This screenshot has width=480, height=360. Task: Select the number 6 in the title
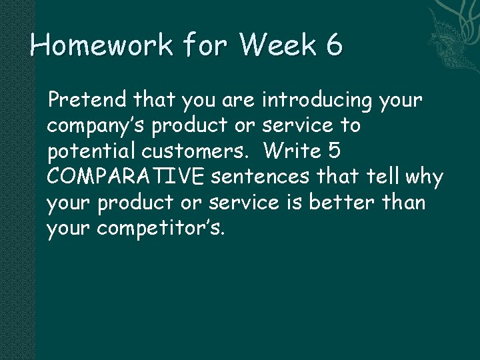coord(335,45)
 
